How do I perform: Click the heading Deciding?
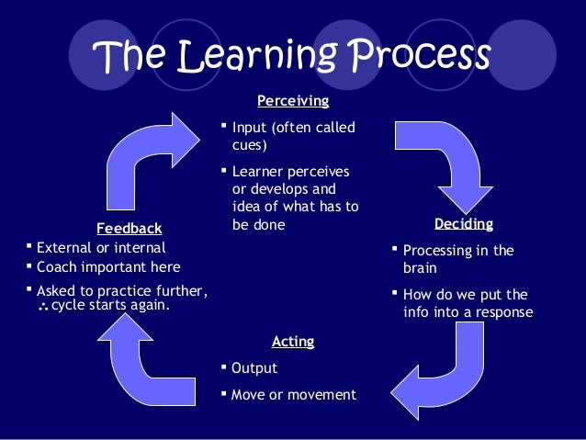click(463, 223)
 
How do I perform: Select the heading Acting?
click(293, 341)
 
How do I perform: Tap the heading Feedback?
click(129, 228)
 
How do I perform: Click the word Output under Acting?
click(254, 368)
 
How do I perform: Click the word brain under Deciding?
click(420, 269)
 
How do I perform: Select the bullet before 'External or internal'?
click(28, 246)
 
